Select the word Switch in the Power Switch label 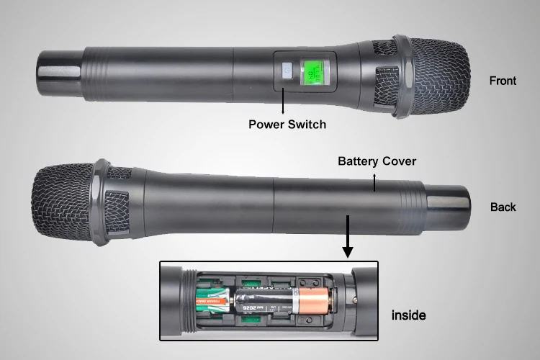point(307,124)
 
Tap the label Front point(503,81)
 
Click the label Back point(503,207)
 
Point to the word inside point(408,315)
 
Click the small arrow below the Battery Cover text point(374,180)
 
